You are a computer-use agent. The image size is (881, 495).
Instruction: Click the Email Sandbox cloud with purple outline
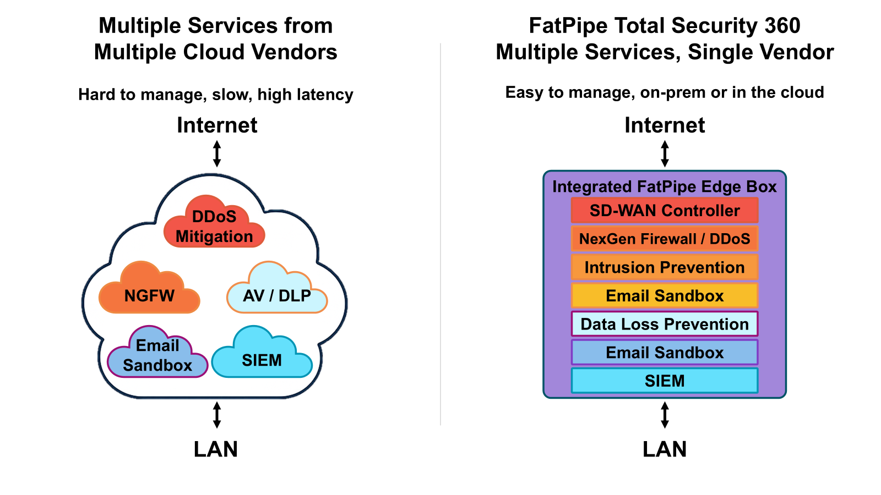[x=157, y=355]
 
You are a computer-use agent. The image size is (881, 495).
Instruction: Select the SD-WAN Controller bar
[x=665, y=210]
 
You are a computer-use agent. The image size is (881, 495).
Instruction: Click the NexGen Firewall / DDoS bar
[x=665, y=239]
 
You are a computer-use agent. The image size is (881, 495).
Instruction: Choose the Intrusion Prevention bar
[x=665, y=267]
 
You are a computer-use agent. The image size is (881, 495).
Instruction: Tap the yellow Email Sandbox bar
[x=665, y=296]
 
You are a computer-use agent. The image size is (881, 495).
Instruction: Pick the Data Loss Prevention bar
[x=665, y=324]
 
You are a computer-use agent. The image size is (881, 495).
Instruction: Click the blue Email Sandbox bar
[x=665, y=353]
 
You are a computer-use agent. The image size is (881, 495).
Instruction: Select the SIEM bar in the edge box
[x=665, y=381]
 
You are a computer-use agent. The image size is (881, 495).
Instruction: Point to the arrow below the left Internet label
[x=217, y=153]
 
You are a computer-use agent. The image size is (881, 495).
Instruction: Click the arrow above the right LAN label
[x=665, y=415]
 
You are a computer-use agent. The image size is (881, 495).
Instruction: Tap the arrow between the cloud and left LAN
[x=217, y=415]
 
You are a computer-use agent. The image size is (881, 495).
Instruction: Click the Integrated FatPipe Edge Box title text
[x=664, y=186]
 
